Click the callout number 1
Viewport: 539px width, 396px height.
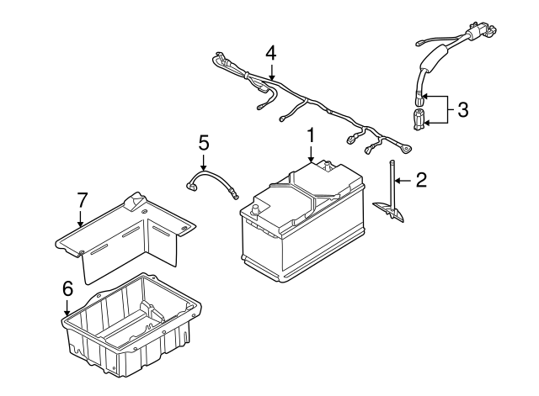(311, 135)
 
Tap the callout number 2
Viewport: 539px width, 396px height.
(422, 178)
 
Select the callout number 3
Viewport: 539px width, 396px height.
(462, 108)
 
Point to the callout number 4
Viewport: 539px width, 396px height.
(269, 52)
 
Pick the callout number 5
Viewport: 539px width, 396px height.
(203, 142)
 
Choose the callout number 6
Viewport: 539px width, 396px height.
(68, 288)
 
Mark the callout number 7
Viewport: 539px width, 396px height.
(82, 200)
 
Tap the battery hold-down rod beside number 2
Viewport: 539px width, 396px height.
(393, 185)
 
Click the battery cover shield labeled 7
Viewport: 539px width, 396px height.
(126, 235)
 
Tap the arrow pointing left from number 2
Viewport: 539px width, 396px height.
(403, 178)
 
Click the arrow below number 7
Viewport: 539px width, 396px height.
(81, 219)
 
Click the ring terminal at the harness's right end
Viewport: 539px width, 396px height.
(408, 150)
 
